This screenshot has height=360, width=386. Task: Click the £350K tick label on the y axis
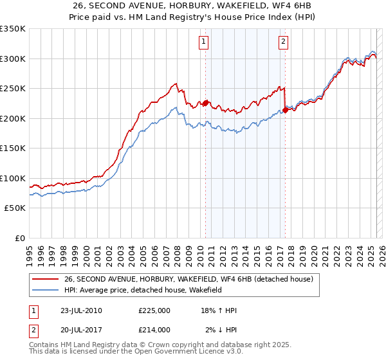coord(13,29)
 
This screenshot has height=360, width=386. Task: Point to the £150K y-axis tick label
coord(13,148)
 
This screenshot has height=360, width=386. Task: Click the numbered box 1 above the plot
coord(203,42)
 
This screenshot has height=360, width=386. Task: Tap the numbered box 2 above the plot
coord(283,42)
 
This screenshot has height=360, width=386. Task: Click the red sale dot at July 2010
coord(206,103)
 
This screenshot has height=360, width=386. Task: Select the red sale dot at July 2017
coord(285,110)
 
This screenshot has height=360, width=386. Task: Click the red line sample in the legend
coord(45,279)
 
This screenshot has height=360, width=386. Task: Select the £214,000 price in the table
coord(154,329)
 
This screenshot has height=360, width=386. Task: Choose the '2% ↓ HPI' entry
coord(221,329)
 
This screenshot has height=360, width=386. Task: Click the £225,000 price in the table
coord(154,310)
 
